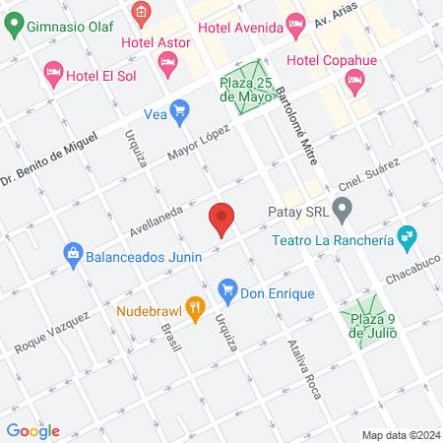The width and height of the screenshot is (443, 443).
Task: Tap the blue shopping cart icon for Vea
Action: [x=179, y=113]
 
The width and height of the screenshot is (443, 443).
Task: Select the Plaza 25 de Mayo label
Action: [x=245, y=90]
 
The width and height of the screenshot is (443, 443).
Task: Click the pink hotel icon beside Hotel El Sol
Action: [x=53, y=73]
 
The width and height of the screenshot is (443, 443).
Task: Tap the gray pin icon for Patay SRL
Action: [x=343, y=209]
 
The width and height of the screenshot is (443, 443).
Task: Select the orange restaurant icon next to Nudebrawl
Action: [x=196, y=310]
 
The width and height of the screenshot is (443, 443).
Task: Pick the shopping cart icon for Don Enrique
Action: [x=227, y=292]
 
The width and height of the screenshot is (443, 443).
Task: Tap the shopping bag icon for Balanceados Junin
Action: [x=73, y=255]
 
